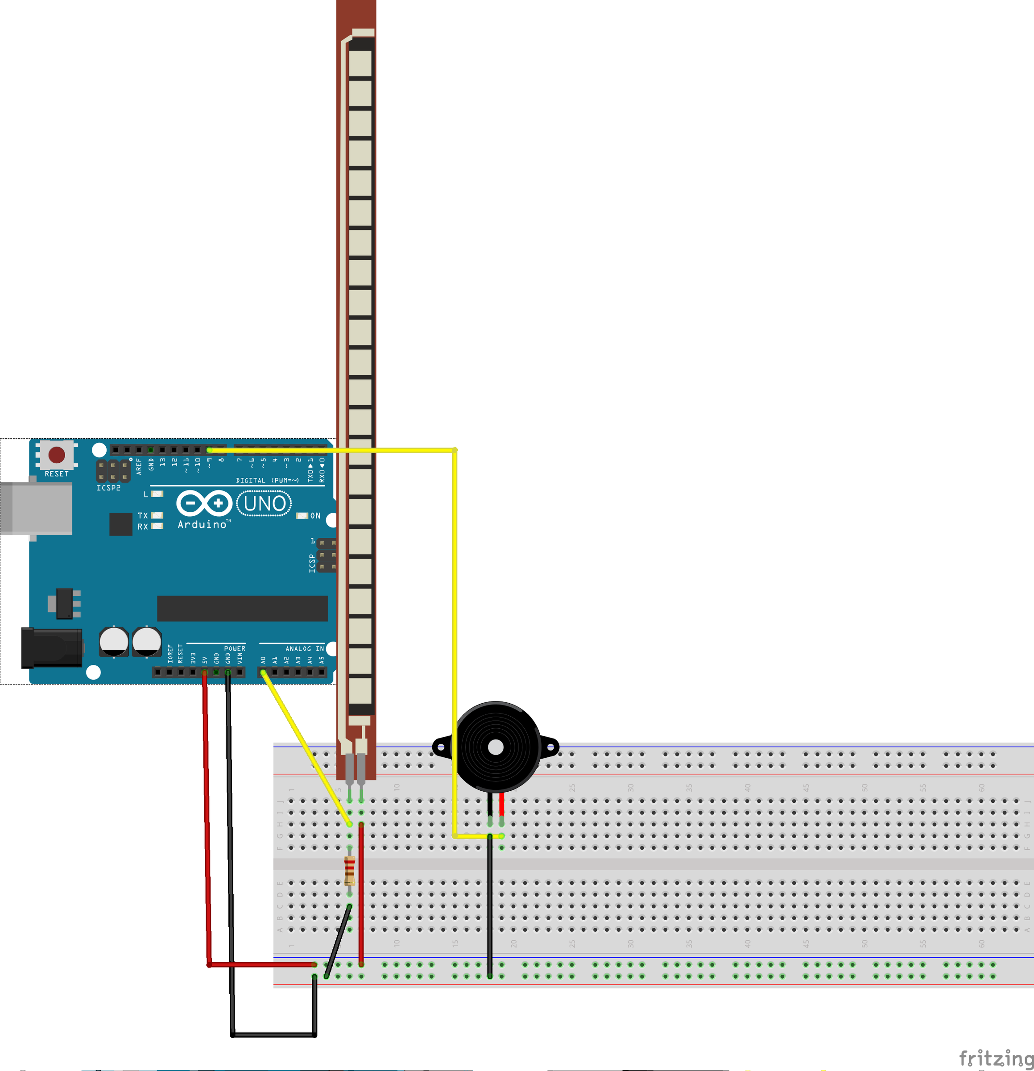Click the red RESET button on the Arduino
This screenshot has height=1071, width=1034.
click(57, 455)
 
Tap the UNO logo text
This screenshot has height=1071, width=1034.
click(265, 503)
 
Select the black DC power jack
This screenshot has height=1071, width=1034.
click(51, 648)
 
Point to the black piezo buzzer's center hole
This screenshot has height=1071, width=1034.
click(496, 747)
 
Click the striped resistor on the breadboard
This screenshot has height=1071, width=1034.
click(350, 871)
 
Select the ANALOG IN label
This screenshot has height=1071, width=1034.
click(304, 648)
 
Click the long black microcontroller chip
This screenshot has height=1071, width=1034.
click(243, 609)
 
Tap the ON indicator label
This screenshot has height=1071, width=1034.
click(315, 516)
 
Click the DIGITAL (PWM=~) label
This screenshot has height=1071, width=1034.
click(267, 480)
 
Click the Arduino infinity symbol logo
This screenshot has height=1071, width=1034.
click(204, 503)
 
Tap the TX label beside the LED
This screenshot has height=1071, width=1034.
click(143, 516)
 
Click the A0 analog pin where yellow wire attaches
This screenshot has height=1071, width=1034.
click(263, 672)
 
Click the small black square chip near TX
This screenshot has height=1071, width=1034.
click(121, 524)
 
